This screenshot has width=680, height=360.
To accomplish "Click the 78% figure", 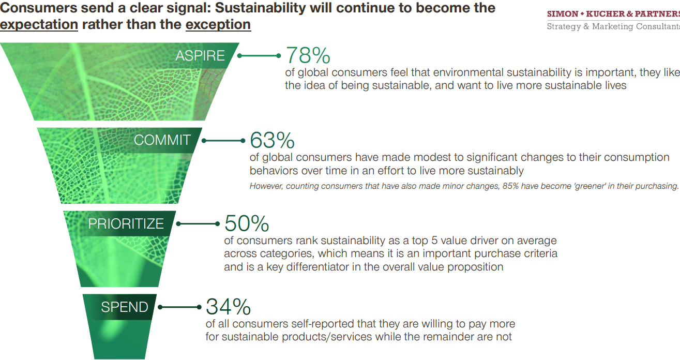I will (308, 55).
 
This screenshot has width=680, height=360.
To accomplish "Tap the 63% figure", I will (272, 140).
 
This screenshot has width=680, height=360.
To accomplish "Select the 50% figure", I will (247, 223).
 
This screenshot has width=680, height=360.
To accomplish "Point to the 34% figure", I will (228, 307).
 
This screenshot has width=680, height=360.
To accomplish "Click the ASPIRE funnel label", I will (200, 56).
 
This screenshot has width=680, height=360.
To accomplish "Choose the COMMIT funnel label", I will (162, 140).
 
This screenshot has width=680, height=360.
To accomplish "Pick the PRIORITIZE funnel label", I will (126, 223).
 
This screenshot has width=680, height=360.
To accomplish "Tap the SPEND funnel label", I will (124, 307).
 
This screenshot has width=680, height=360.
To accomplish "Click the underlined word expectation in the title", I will (39, 24).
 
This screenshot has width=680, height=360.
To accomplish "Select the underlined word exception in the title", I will (218, 24).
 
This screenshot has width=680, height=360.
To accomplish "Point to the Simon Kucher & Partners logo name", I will (613, 14).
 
